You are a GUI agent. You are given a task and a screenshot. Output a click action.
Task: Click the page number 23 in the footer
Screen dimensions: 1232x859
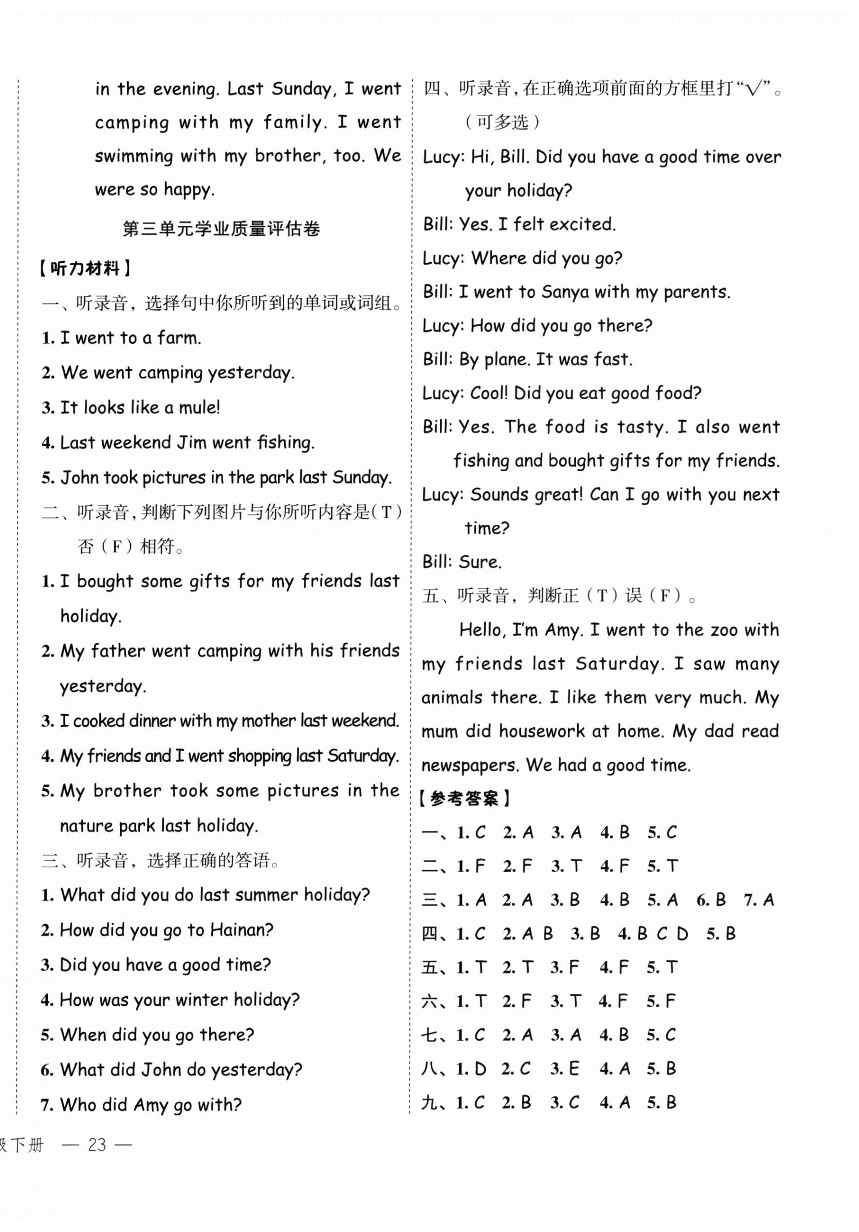click(97, 1145)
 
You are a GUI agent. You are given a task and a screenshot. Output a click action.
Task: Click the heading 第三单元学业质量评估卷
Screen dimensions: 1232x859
click(221, 229)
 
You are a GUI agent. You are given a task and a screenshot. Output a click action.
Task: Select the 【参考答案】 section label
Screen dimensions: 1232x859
click(465, 799)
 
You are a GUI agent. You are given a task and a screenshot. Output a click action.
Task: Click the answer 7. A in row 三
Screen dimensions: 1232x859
click(759, 900)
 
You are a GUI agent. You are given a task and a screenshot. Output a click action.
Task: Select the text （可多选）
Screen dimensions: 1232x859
click(503, 122)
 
